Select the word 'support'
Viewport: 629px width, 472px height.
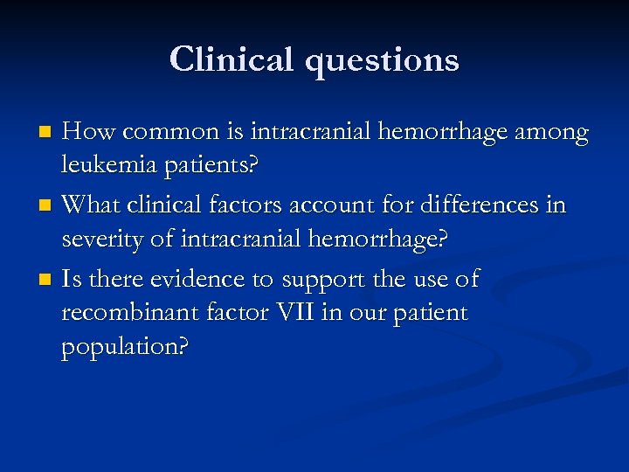[328, 281]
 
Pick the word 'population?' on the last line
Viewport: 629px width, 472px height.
[125, 347]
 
